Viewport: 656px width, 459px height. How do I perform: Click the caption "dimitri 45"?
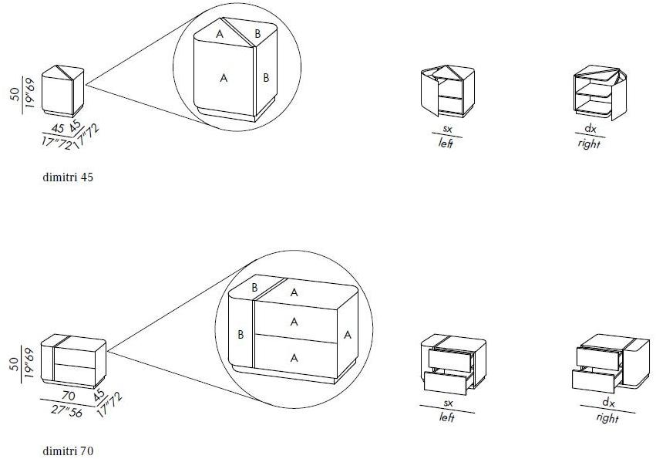68,177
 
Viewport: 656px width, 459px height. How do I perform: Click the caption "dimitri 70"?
68,451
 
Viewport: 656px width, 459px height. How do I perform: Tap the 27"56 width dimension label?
67,412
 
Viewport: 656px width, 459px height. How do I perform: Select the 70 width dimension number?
68,395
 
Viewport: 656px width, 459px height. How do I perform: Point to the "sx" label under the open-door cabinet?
447,129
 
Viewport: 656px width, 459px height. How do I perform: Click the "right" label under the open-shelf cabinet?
589,143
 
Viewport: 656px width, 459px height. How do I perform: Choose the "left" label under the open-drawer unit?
447,417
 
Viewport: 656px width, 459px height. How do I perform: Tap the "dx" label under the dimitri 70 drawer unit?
608,403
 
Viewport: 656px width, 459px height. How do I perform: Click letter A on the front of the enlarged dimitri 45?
224,78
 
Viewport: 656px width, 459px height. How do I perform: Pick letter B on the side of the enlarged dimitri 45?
266,77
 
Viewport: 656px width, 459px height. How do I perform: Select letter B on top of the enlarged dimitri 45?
257,33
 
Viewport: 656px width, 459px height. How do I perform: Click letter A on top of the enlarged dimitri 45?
220,34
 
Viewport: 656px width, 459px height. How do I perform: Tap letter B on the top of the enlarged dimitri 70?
254,289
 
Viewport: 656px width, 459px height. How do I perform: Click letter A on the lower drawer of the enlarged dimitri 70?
294,358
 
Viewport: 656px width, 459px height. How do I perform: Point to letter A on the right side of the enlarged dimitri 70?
347,335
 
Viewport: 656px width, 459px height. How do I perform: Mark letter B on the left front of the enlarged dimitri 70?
241,335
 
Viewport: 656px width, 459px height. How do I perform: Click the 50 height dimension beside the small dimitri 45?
15,94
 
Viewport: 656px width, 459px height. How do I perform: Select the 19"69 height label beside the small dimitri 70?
29,363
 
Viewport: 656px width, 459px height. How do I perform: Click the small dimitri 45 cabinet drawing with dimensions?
62,91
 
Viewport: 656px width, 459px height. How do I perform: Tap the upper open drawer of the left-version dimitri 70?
451,359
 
